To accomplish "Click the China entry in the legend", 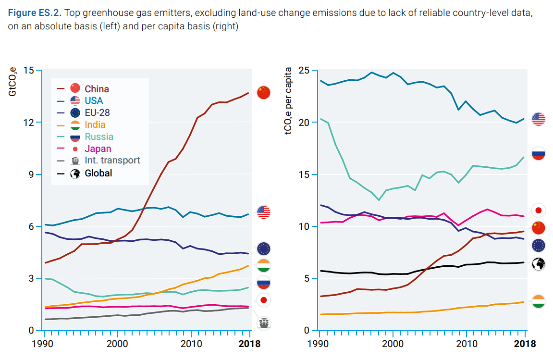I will [97, 89].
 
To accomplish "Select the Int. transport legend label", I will [112, 161].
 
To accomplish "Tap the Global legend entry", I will [98, 173].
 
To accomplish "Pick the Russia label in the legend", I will [99, 137].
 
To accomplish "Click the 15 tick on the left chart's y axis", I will [28, 71].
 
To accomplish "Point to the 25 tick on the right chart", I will [304, 71].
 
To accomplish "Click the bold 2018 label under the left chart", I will [249, 344].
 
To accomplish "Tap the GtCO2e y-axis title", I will [13, 82].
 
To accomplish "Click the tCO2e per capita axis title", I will [289, 101].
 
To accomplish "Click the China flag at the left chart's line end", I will [264, 92].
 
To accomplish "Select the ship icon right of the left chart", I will [264, 323].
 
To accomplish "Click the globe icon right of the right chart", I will [538, 264].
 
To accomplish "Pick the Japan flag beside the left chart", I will [264, 300].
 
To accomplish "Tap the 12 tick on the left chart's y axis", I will [28, 123].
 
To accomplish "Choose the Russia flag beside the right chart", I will [538, 154].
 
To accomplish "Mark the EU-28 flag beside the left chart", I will [264, 248].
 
